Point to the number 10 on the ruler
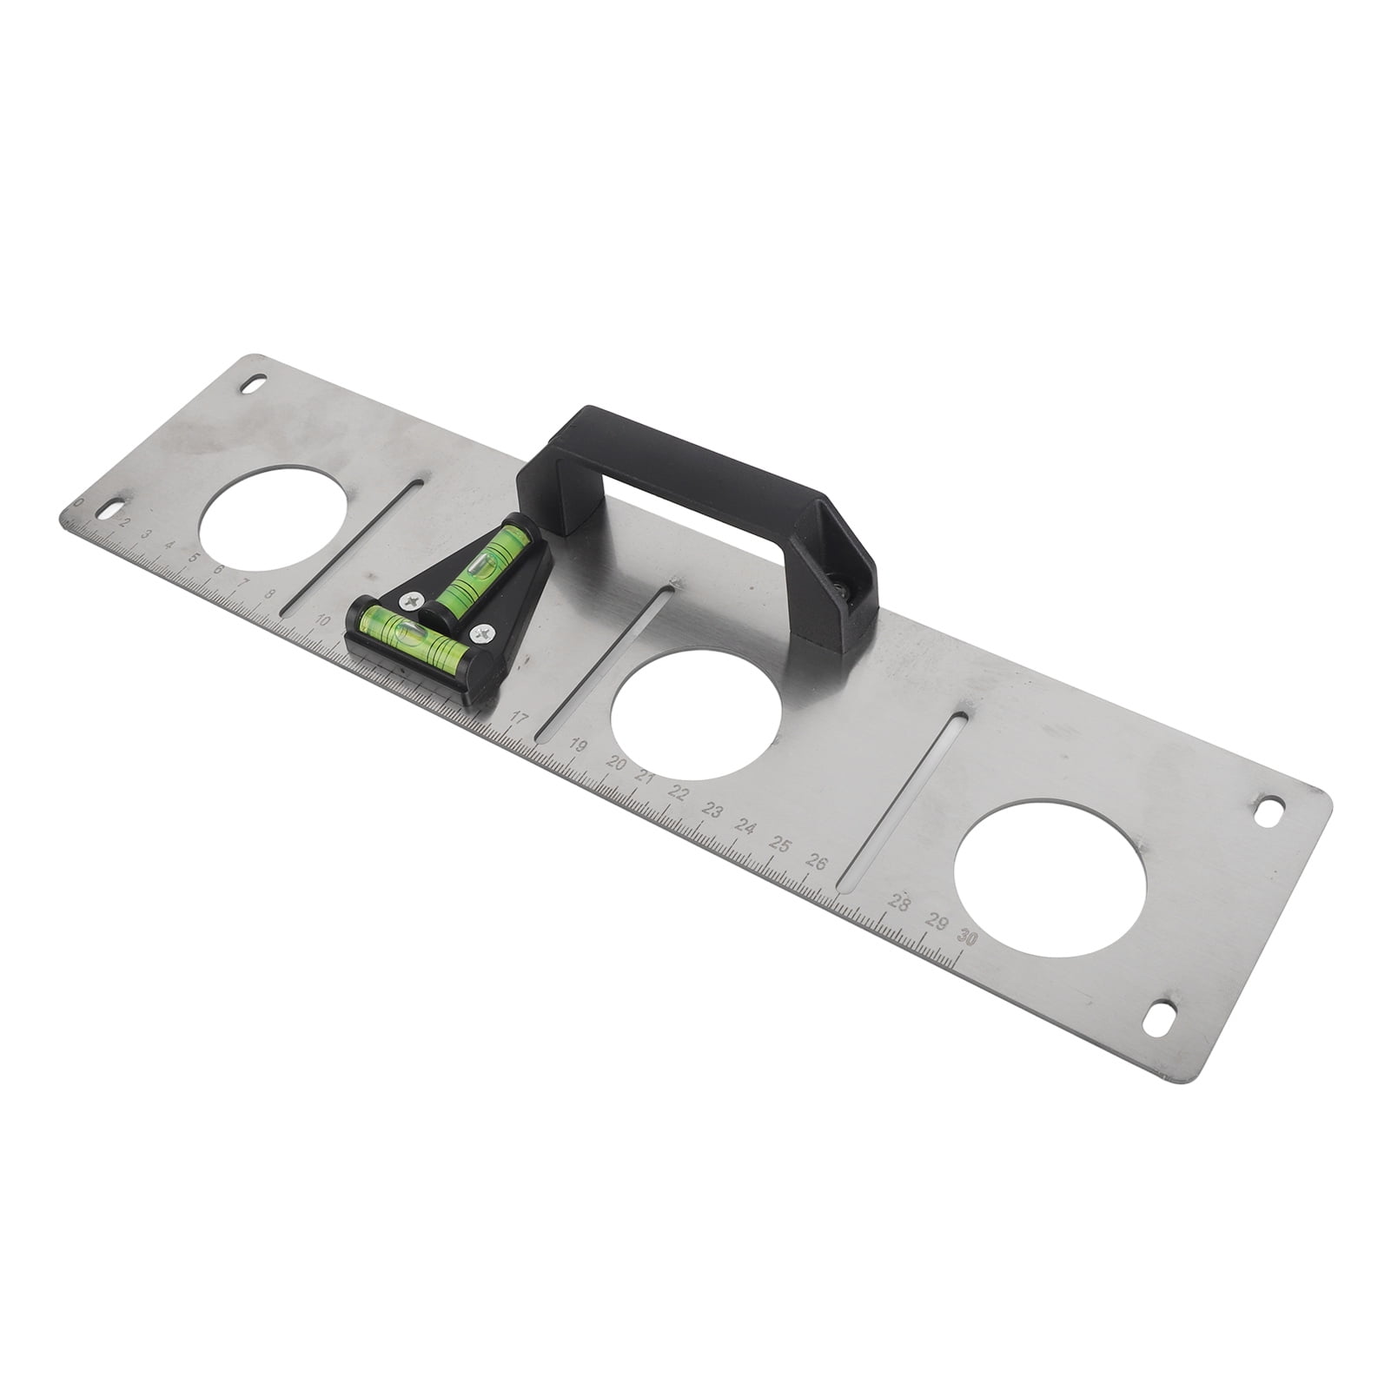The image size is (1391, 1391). tap(323, 620)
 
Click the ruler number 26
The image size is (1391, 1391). tap(816, 861)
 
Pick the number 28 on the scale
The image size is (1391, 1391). tap(900, 904)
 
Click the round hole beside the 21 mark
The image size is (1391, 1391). tap(695, 713)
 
